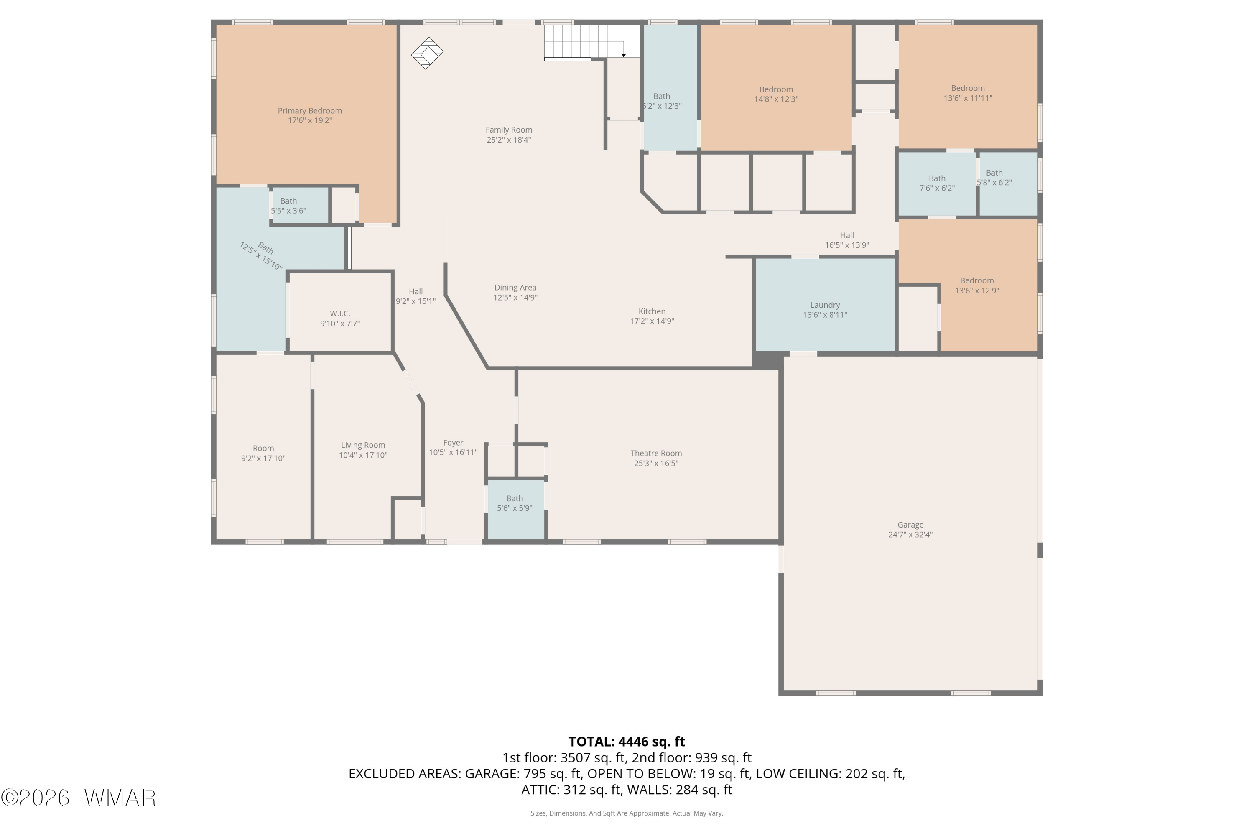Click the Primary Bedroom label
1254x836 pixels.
(x=310, y=111)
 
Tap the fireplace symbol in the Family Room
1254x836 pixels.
(x=427, y=53)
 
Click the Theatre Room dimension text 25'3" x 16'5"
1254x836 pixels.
(x=656, y=463)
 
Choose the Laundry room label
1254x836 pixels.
(x=825, y=305)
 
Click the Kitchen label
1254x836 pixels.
(x=652, y=311)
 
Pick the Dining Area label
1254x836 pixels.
(x=515, y=288)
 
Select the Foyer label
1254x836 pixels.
(x=453, y=443)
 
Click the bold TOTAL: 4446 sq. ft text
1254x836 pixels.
(x=627, y=742)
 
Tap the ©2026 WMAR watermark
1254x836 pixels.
(x=79, y=798)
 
